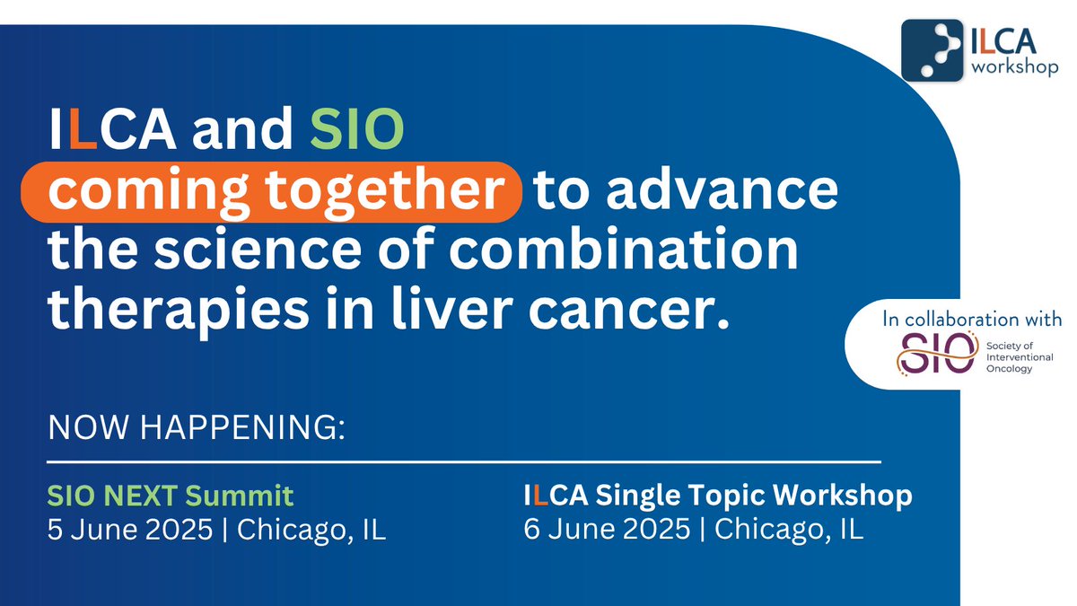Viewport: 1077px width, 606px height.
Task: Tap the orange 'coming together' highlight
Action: point(286,191)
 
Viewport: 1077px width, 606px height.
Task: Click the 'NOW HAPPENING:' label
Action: point(197,428)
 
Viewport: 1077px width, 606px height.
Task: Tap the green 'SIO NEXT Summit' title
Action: point(171,495)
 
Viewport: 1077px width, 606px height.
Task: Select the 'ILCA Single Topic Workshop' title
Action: point(718,495)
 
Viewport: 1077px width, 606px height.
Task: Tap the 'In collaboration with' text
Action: point(972,319)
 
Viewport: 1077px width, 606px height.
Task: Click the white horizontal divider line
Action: point(464,462)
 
